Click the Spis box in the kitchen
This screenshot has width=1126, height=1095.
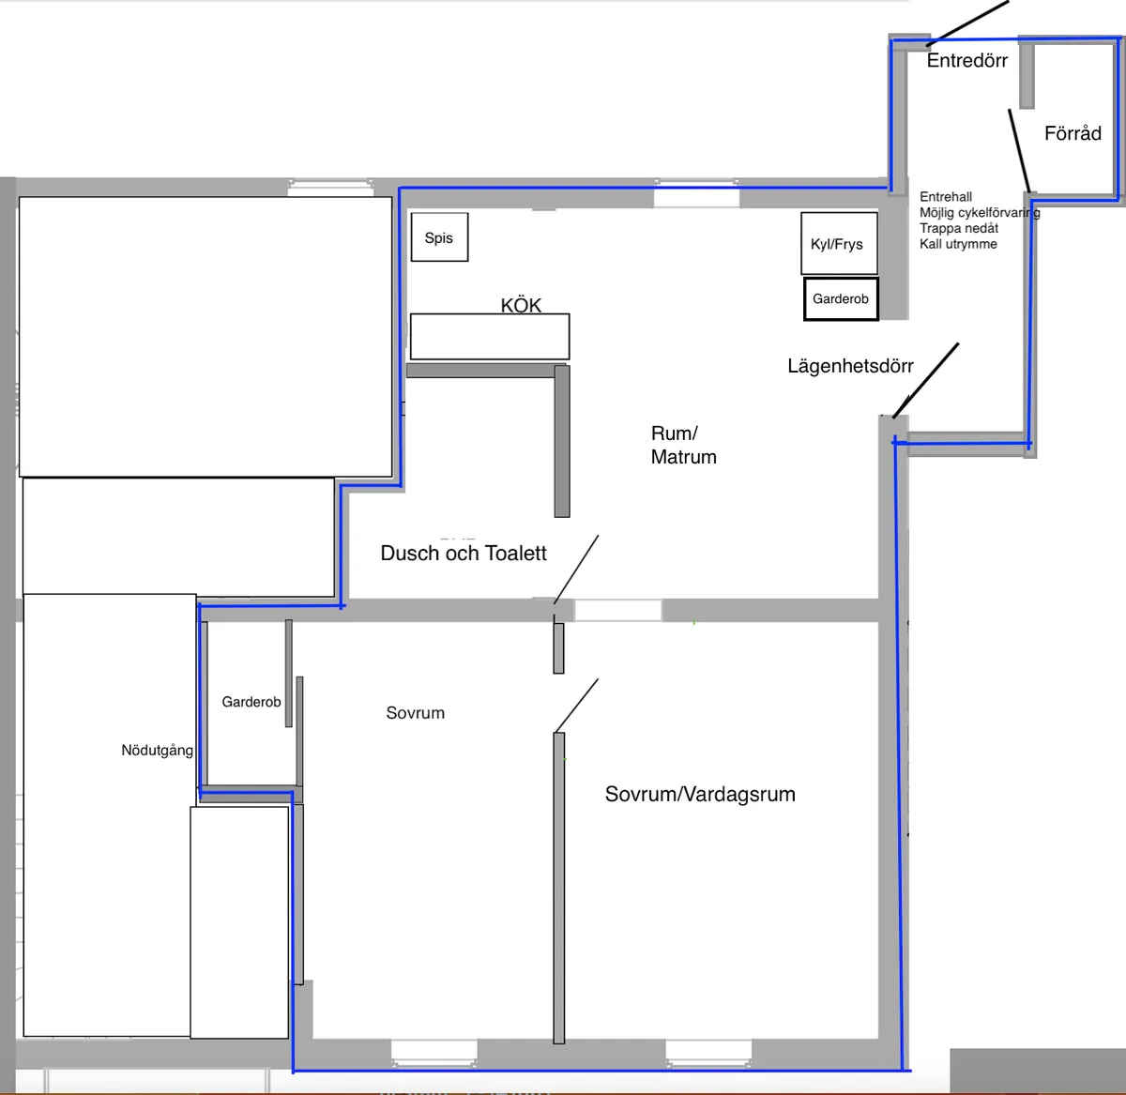[x=439, y=237]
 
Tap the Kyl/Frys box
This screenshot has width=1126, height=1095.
[x=839, y=243]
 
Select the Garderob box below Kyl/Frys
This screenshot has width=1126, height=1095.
[x=842, y=299]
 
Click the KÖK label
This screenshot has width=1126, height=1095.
[x=521, y=306]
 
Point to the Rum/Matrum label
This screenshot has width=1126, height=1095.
[x=683, y=445]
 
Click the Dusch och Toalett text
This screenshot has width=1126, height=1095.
[x=463, y=554]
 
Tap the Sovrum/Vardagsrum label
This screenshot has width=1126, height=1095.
[x=700, y=794]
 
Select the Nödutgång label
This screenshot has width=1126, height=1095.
[x=157, y=751]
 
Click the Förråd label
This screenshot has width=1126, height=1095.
[x=1073, y=133]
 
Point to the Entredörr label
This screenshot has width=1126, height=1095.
[x=966, y=61]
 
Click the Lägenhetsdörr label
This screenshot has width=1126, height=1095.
[x=850, y=366]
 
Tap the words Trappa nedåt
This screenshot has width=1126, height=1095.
[x=959, y=228]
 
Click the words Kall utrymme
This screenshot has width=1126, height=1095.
[x=958, y=244]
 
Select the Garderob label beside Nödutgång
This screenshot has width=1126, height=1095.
[x=251, y=702]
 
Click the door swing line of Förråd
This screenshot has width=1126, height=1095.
[x=1020, y=151]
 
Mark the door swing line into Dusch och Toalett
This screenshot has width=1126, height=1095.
[x=576, y=570]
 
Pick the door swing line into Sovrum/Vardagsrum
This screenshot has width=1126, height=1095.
[x=577, y=706]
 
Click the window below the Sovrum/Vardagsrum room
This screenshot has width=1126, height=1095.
[x=708, y=1054]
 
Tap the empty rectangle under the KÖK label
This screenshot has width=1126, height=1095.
[x=490, y=337]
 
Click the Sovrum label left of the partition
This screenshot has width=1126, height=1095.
[x=416, y=713]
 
